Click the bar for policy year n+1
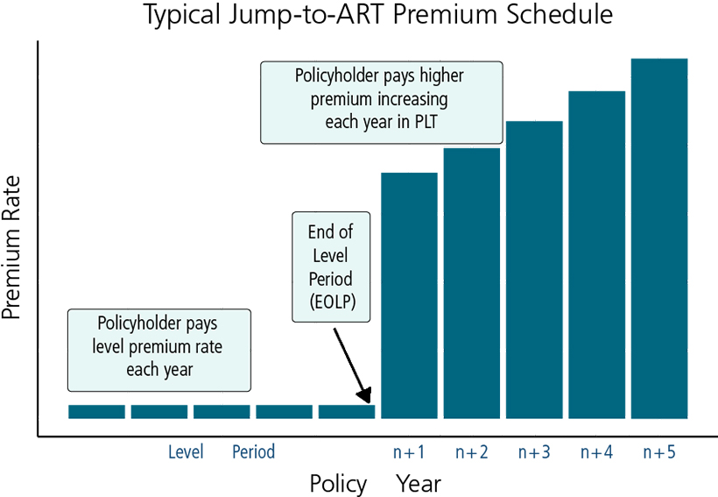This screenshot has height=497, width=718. pyautogui.click(x=409, y=295)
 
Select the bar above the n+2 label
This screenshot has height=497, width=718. pyautogui.click(x=472, y=283)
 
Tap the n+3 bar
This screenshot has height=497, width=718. pyautogui.click(x=534, y=270)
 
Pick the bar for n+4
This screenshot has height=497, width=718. pyautogui.click(x=596, y=255)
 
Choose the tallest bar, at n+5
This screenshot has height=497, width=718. pyautogui.click(x=659, y=238)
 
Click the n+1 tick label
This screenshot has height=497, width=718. pyautogui.click(x=409, y=452)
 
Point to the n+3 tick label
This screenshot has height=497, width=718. pyautogui.click(x=534, y=452)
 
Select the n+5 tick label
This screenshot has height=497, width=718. pyautogui.click(x=659, y=452)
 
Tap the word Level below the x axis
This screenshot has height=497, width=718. pyautogui.click(x=186, y=452)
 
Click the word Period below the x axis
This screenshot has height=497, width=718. pyautogui.click(x=254, y=452)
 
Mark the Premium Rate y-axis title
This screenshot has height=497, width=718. pyautogui.click(x=11, y=247)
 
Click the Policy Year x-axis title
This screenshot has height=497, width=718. pyautogui.click(x=376, y=483)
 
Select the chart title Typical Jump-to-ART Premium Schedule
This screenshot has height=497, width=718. pyautogui.click(x=378, y=14)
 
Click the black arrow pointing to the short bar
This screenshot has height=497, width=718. pyautogui.click(x=352, y=366)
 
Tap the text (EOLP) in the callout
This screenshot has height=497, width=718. pyautogui.click(x=332, y=302)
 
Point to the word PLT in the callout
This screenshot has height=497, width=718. pyautogui.click(x=426, y=122)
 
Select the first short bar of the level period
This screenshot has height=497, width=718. pyautogui.click(x=96, y=412)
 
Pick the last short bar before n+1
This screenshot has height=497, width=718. pyautogui.click(x=347, y=412)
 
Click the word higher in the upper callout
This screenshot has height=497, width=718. pyautogui.click(x=442, y=76)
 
